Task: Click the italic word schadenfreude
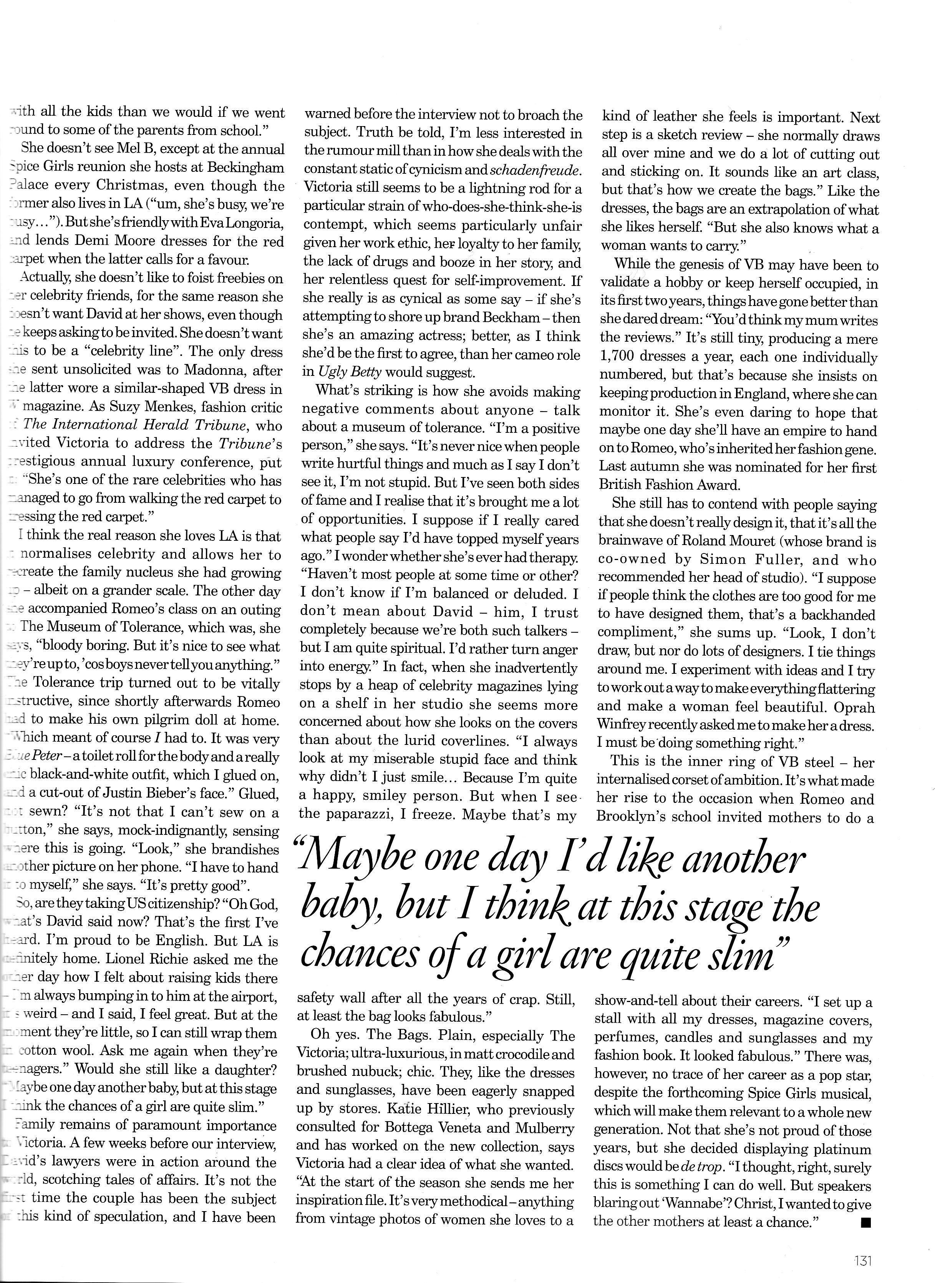coord(534,170)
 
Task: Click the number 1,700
coord(619,357)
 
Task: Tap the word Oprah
coord(852,707)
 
